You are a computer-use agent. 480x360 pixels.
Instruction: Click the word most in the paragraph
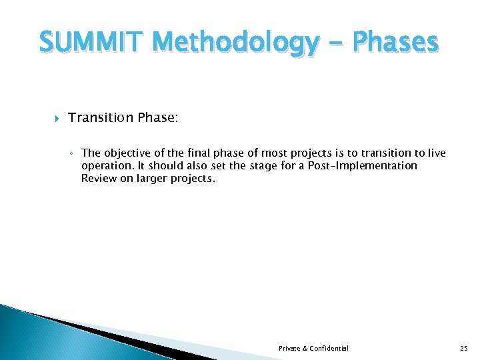pyautogui.click(x=273, y=153)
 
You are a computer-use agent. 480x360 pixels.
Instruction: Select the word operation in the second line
pyautogui.click(x=105, y=165)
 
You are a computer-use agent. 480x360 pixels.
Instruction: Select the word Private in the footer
pyautogui.click(x=290, y=348)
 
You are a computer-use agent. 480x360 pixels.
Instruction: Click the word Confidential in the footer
pyautogui.click(x=329, y=348)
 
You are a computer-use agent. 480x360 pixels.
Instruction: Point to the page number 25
pyautogui.click(x=464, y=348)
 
